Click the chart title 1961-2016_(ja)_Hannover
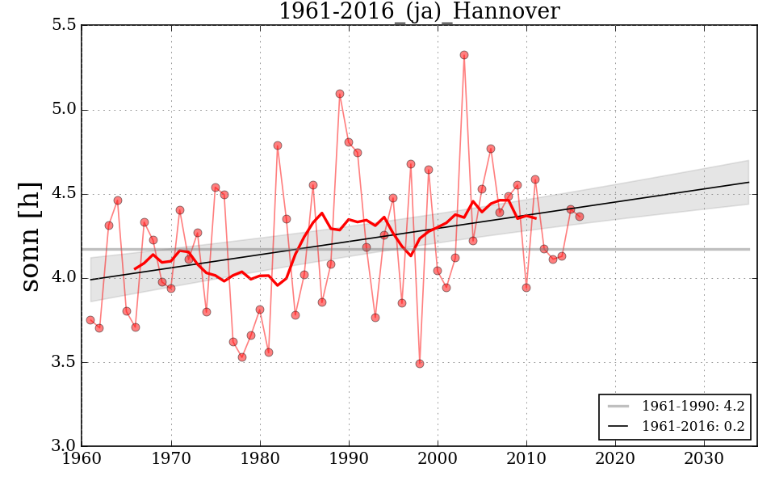point(418,12)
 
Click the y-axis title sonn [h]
point(30,236)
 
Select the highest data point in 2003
point(464,55)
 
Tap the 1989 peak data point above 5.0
point(340,94)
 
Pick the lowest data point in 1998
point(420,364)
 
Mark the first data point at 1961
point(90,320)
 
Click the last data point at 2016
point(580,217)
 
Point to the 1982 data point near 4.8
point(278,145)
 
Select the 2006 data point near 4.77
point(491,149)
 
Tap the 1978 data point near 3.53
point(242,357)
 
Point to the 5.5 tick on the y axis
point(64,25)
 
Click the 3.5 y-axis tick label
point(64,362)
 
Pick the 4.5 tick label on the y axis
point(64,194)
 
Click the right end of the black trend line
point(749,182)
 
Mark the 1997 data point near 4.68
point(411,164)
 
